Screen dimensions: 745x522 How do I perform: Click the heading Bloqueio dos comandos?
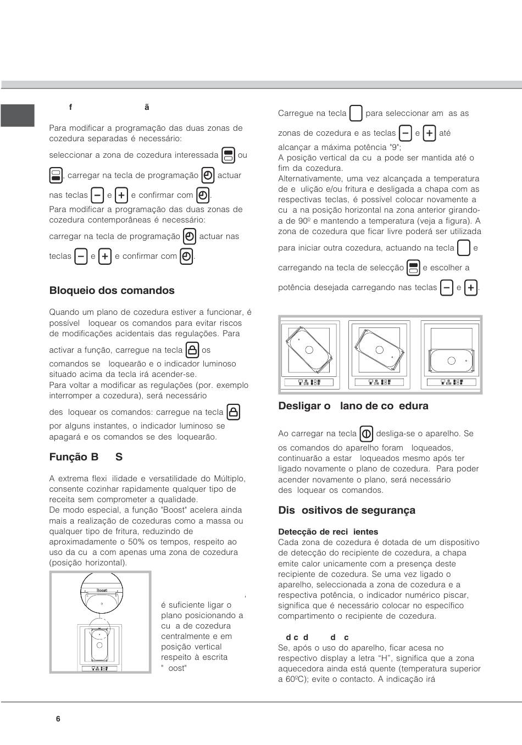[112, 291]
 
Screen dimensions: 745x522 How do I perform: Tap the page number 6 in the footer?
[58, 719]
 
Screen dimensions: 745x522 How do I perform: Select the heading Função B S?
[86, 457]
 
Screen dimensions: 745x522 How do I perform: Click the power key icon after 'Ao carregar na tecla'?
[366, 433]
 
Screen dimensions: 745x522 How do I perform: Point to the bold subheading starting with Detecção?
[328, 532]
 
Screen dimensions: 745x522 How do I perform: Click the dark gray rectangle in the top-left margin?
[18, 115]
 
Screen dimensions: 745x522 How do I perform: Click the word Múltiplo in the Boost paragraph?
[230, 479]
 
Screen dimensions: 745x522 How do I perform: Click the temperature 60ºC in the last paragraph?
[299, 680]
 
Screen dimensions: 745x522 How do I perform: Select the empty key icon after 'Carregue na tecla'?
[356, 114]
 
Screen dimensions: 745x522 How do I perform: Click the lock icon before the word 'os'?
[192, 350]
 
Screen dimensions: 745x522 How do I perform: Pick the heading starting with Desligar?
[353, 406]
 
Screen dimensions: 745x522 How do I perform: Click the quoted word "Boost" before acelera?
[173, 510]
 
